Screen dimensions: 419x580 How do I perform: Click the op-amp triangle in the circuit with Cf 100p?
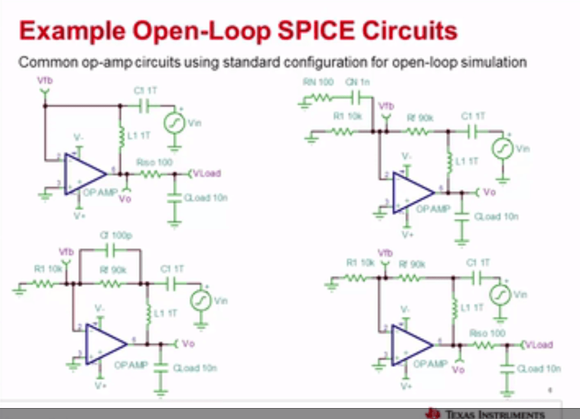point(105,343)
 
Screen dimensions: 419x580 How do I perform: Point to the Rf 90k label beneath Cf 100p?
point(110,270)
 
